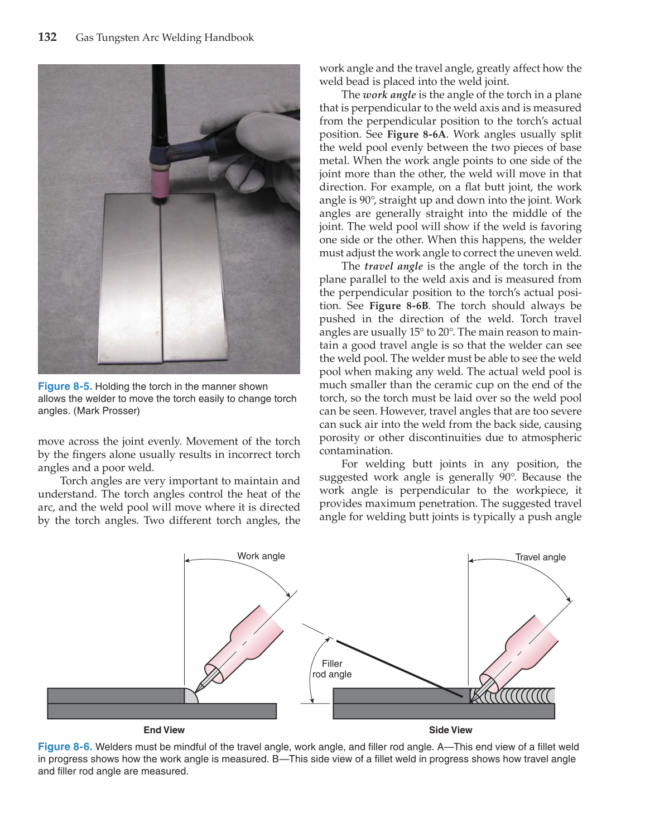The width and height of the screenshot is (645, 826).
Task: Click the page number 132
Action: (x=47, y=37)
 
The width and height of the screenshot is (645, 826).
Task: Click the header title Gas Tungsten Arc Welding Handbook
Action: (x=165, y=38)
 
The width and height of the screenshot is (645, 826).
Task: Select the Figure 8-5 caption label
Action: (x=65, y=386)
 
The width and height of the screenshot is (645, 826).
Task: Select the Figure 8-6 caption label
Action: (x=65, y=747)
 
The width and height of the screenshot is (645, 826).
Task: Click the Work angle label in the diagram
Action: (x=261, y=556)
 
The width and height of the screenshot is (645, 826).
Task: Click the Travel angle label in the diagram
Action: (x=540, y=557)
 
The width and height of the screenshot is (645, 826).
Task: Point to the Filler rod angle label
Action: (x=332, y=669)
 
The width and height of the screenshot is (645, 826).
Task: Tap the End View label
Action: (x=164, y=730)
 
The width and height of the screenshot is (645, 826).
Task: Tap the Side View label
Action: (x=450, y=730)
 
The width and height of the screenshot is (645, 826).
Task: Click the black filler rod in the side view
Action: (x=399, y=669)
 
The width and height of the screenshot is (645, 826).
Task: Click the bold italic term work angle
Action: (x=389, y=95)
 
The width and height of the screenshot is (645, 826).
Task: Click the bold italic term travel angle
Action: (x=393, y=266)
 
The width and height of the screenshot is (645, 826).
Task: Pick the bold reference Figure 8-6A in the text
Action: (x=416, y=135)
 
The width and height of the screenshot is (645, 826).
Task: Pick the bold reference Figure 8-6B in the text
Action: (x=398, y=306)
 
